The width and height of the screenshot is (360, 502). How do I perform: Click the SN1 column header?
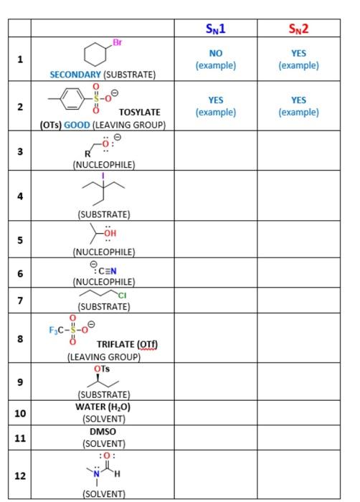click(215, 29)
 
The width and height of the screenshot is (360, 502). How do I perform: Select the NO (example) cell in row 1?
click(215, 59)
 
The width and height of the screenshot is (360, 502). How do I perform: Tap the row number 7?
click(20, 299)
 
